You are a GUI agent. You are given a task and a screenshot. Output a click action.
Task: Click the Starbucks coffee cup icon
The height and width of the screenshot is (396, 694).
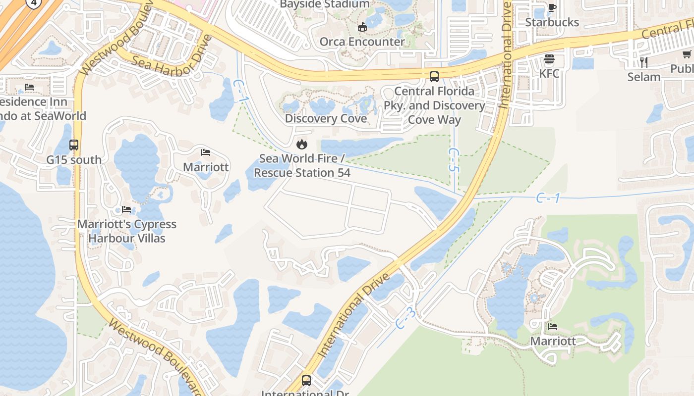click(x=552, y=7)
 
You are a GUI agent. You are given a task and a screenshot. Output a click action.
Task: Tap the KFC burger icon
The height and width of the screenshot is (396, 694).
click(x=549, y=59)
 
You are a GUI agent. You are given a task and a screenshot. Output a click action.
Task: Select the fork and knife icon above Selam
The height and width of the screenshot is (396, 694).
click(x=644, y=62)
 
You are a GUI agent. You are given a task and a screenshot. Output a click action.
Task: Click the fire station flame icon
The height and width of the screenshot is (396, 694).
click(x=301, y=145)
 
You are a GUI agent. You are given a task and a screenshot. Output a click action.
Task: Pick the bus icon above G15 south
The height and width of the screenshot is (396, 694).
click(x=74, y=145)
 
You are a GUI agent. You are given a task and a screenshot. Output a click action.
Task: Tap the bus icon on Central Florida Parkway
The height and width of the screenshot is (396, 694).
click(x=434, y=77)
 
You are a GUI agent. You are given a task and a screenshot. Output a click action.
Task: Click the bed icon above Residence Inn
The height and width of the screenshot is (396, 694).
click(x=29, y=88)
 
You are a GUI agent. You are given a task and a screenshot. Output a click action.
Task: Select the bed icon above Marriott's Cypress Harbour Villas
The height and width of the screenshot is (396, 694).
click(x=126, y=209)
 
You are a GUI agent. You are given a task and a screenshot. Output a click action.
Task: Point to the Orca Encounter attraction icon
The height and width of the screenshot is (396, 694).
click(x=362, y=27)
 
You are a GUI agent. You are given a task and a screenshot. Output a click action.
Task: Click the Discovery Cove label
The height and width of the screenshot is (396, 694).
click(x=326, y=119)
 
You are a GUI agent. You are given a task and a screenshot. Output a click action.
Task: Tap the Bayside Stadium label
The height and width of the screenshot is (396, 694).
click(x=325, y=4)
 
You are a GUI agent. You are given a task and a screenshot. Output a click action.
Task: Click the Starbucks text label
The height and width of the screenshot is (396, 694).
click(x=552, y=22)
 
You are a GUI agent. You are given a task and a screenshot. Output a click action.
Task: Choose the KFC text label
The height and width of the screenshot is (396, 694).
click(x=549, y=74)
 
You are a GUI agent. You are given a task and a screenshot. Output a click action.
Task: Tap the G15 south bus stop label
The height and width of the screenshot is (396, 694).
click(x=74, y=160)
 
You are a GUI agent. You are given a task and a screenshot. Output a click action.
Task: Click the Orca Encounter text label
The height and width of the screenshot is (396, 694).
click(x=362, y=42)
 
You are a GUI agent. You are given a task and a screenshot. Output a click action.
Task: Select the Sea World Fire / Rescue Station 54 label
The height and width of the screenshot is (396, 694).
click(x=302, y=166)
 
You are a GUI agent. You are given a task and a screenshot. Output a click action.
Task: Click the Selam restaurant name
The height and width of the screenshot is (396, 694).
click(x=644, y=77)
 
